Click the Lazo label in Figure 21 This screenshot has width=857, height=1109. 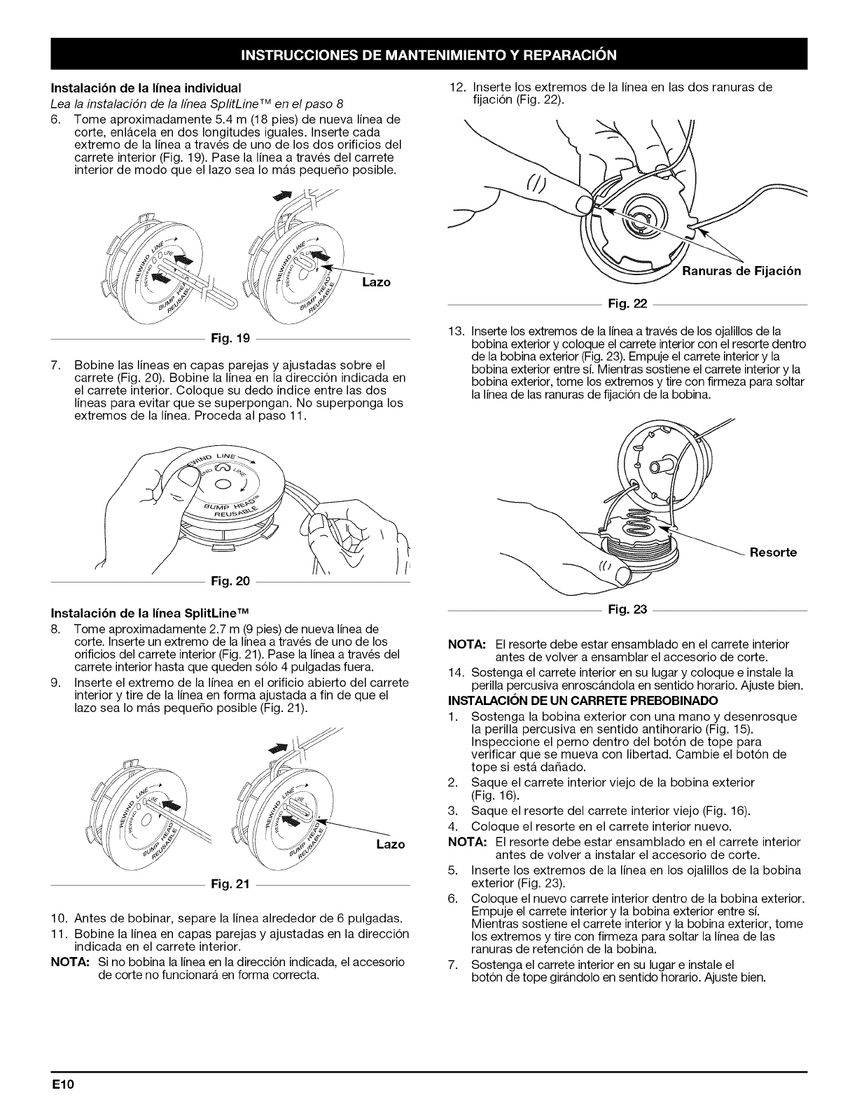click(391, 844)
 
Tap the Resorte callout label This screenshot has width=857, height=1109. click(773, 552)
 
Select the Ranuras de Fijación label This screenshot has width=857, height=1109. click(741, 271)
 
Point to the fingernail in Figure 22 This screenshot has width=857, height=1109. click(583, 204)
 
